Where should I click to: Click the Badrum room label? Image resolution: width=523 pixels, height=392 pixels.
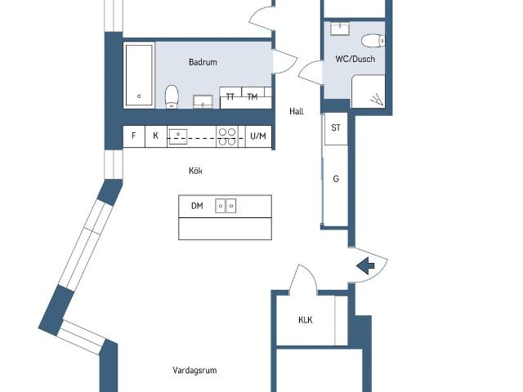(x=203, y=62)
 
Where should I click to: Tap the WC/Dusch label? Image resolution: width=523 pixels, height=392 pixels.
(x=355, y=59)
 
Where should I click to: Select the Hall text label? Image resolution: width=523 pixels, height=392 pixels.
(x=297, y=111)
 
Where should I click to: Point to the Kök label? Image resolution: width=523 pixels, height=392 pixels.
(x=194, y=171)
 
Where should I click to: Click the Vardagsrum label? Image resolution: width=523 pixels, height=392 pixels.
(x=194, y=370)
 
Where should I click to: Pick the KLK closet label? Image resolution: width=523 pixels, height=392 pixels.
(x=306, y=319)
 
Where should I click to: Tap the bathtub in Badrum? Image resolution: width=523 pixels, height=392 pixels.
(x=138, y=74)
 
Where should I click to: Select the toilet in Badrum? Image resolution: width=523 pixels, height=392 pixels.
(x=172, y=96)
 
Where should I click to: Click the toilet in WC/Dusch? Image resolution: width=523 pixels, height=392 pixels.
(x=372, y=41)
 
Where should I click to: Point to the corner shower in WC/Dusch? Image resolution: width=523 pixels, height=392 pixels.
(x=369, y=92)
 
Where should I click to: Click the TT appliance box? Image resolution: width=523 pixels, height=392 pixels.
(x=230, y=97)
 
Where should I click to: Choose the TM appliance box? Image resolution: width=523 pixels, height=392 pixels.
(x=253, y=97)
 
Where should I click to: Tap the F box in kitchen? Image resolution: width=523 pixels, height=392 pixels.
(x=133, y=136)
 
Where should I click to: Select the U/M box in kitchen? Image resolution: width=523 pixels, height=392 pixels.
(x=258, y=136)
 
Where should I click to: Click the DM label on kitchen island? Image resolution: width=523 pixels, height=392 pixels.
(x=197, y=206)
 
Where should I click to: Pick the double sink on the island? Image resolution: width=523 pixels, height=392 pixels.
(x=226, y=206)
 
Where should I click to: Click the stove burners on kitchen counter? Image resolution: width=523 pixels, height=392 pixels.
(x=227, y=136)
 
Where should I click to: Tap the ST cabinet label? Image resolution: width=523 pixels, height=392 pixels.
(x=335, y=127)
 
